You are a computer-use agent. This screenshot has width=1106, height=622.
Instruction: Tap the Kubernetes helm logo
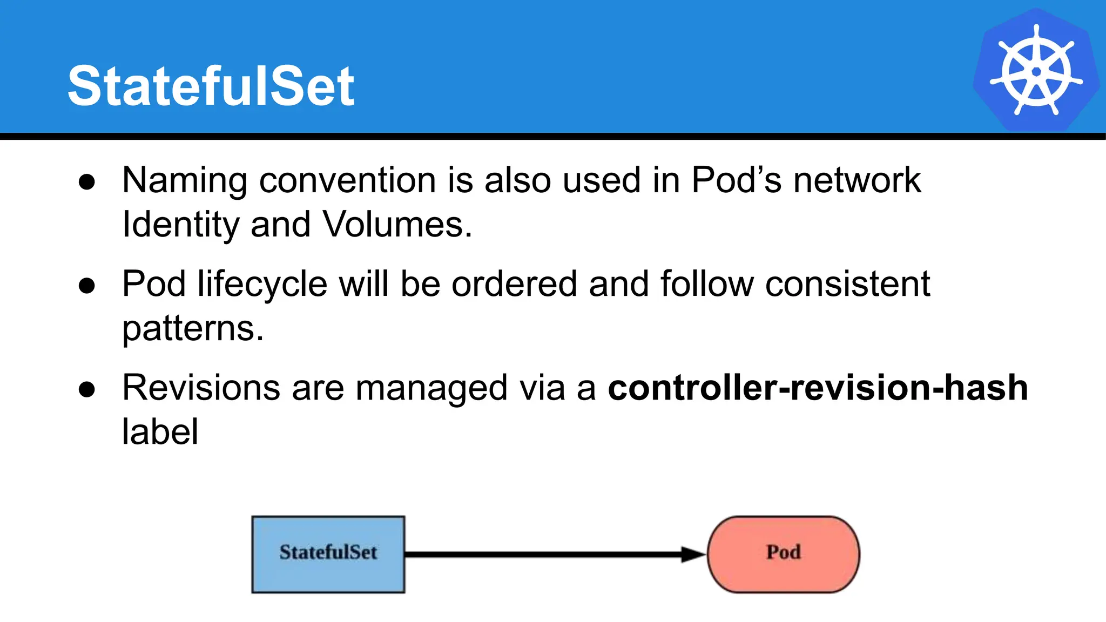pos(1036,70)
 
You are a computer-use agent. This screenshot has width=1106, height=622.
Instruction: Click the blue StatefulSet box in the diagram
pos(328,554)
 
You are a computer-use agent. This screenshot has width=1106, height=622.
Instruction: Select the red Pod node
pos(783,554)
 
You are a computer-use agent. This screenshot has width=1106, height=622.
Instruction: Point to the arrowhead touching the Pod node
pos(693,554)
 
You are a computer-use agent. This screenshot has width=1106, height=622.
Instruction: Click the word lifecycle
pos(262,285)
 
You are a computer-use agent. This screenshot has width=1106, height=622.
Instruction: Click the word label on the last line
pos(160,432)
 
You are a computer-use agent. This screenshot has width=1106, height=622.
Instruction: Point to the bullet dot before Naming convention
pos(87,182)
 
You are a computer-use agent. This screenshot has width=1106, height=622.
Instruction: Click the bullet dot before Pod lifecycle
pos(87,286)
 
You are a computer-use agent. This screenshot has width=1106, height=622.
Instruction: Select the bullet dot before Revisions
pos(87,389)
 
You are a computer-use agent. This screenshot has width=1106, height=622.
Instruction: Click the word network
pos(857,180)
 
